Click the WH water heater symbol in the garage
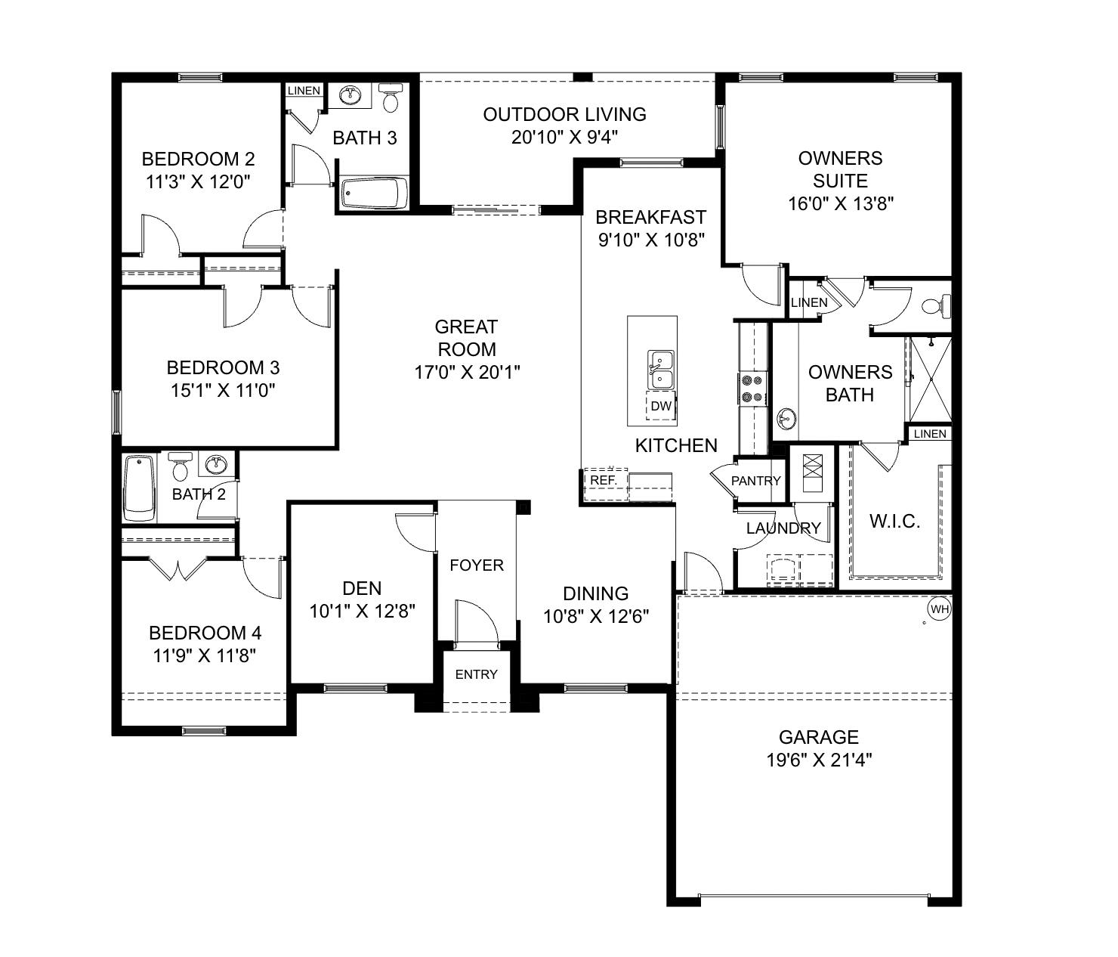[939, 609]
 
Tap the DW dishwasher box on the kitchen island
[661, 406]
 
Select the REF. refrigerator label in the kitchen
[604, 480]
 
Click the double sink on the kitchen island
[660, 368]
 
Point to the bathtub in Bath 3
[374, 194]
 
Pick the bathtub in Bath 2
[139, 488]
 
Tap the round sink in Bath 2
[217, 463]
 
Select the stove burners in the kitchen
[752, 388]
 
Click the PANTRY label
[755, 481]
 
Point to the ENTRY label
[476, 674]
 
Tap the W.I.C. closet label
[894, 521]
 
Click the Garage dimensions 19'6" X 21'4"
[819, 760]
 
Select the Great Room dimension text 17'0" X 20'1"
[467, 372]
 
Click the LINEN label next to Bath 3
[304, 91]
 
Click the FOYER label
[476, 565]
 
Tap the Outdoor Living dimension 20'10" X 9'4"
[565, 137]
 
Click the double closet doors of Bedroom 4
[178, 568]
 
